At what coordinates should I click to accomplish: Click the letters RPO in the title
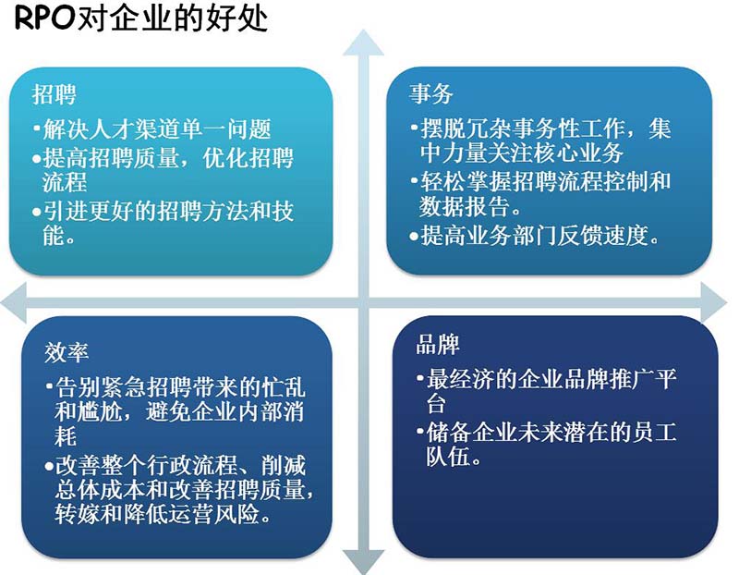pyautogui.click(x=45, y=18)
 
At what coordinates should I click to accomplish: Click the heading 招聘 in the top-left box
pyautogui.click(x=55, y=94)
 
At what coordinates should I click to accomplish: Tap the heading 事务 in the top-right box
pyautogui.click(x=431, y=93)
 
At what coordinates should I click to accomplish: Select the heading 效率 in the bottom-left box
pyautogui.click(x=66, y=352)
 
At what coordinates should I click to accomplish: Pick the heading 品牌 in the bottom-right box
pyautogui.click(x=438, y=344)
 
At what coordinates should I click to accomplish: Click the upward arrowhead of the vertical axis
pyautogui.click(x=363, y=43)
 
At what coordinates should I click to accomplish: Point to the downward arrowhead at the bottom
pyautogui.click(x=363, y=562)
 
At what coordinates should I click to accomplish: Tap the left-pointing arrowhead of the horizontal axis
pyautogui.click(x=13, y=303)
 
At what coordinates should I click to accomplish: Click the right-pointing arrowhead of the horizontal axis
pyautogui.click(x=713, y=302)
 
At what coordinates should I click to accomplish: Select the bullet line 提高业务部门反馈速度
pyautogui.click(x=535, y=235)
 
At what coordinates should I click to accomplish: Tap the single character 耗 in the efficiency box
pyautogui.click(x=65, y=435)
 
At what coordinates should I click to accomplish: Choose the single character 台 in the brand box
pyautogui.click(x=436, y=404)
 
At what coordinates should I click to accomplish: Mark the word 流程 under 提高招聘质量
pyautogui.click(x=65, y=182)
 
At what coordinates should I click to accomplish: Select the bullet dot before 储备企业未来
pyautogui.click(x=420, y=430)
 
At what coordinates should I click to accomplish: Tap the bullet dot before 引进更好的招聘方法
pyautogui.click(x=37, y=212)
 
